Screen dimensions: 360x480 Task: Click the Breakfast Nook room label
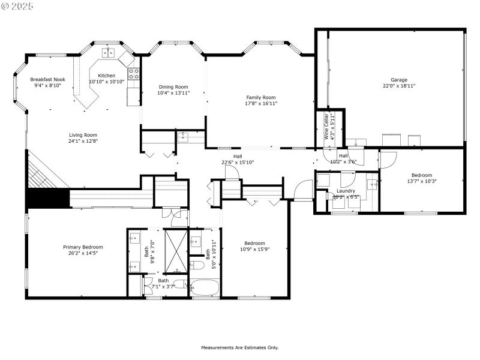(47, 79)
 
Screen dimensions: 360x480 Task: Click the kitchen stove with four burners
(134, 74)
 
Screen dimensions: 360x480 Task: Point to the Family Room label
(261, 97)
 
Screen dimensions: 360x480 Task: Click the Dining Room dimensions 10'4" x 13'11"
(173, 93)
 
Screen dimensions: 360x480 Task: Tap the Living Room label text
(83, 135)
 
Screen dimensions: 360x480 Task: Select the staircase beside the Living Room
(46, 171)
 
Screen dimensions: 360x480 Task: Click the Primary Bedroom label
(83, 247)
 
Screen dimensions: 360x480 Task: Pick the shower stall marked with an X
(176, 249)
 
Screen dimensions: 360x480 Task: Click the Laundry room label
(346, 191)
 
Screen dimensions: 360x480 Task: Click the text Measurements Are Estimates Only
(239, 347)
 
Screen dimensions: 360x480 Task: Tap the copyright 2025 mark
(18, 5)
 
